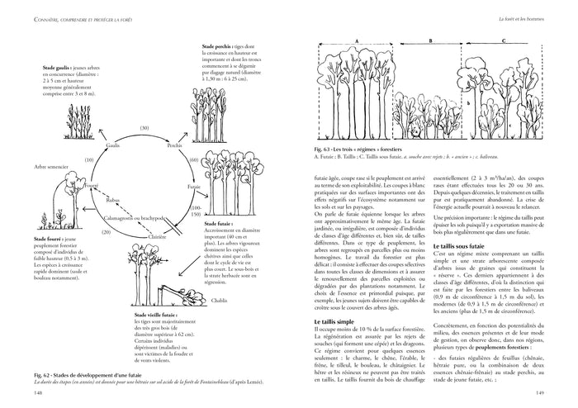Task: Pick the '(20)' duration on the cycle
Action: pyautogui.click(x=106, y=232)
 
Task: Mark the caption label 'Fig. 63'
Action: pyautogui.click(x=324, y=149)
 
